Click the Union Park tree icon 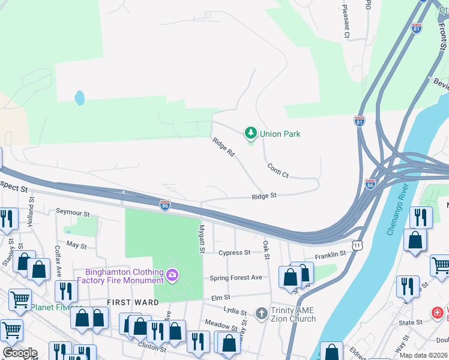point(250,133)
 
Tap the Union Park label point(280,134)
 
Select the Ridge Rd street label point(223,148)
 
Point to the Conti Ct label point(278,170)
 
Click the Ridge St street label point(264,196)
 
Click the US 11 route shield point(357,245)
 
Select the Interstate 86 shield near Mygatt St point(164,205)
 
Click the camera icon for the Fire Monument point(172,275)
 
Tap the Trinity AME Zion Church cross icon point(261,313)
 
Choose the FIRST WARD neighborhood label point(133,302)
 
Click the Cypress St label point(234,253)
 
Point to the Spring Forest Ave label point(236,278)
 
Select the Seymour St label point(73,213)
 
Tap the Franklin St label point(330,254)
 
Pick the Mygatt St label point(202,239)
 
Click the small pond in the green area point(79,97)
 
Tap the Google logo point(19,353)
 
